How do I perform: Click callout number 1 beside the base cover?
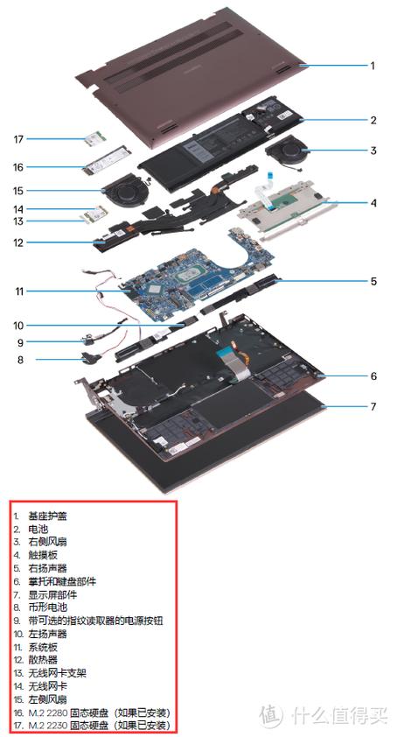click(373, 66)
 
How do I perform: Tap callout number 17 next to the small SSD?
click(18, 138)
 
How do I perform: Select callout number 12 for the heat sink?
click(18, 243)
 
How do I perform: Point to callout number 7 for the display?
click(373, 405)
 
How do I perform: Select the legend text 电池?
click(38, 530)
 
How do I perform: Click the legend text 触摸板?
click(43, 555)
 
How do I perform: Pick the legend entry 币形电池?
click(48, 607)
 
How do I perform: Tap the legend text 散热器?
click(43, 660)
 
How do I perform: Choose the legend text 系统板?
click(43, 647)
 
